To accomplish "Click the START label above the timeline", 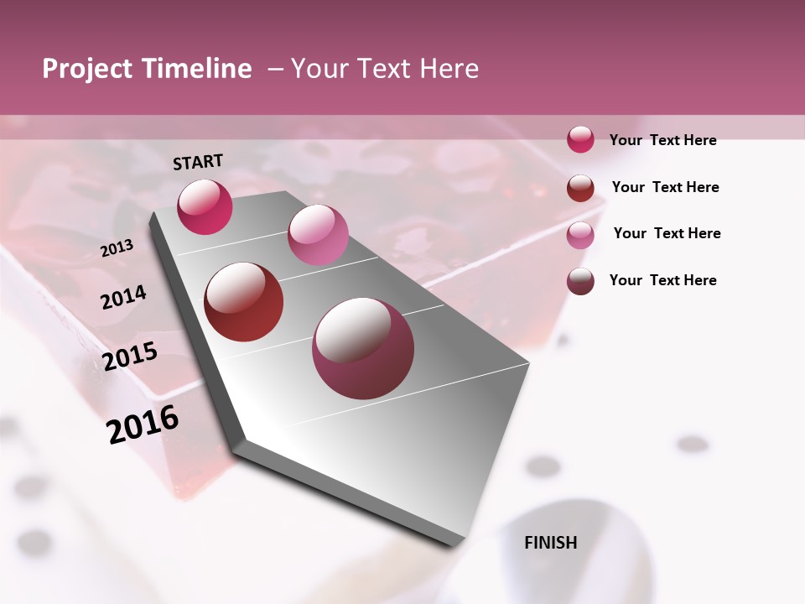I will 198,162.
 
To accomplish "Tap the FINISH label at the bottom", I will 551,543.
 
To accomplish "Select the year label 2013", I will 117,247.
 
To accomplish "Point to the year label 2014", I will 123,297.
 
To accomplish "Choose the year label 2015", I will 130,357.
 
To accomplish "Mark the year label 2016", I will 143,424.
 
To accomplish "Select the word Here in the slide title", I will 449,69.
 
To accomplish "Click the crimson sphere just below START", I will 205,207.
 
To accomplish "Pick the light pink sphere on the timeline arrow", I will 318,235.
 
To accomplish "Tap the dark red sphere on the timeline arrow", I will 244,302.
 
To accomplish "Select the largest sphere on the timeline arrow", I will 363,348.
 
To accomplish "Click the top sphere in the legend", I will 580,139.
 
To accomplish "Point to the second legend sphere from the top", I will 580,188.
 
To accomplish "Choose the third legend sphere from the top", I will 580,235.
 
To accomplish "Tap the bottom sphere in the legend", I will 580,281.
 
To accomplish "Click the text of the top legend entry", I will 662,140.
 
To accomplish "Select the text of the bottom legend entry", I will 662,280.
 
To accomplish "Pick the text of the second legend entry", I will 665,187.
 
